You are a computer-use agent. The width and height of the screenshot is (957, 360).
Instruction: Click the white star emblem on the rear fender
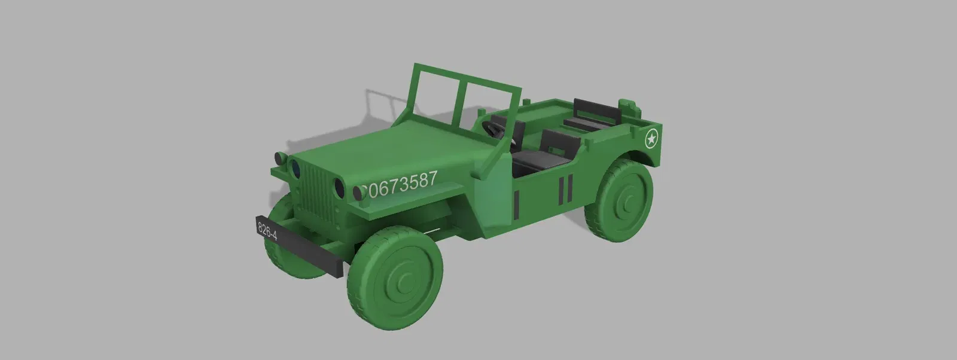[x=651, y=140]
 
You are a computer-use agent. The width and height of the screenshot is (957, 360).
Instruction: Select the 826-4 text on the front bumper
[x=267, y=231]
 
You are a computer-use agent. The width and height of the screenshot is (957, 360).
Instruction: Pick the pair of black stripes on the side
[x=566, y=188]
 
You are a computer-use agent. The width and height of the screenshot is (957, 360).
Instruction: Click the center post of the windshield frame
[x=461, y=105]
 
